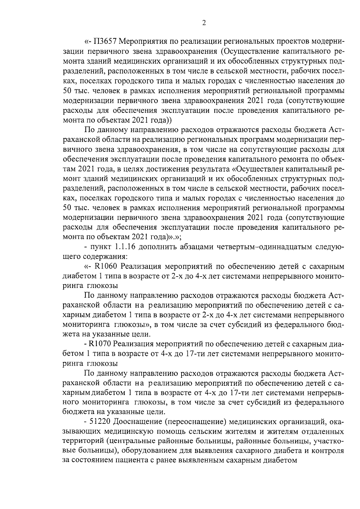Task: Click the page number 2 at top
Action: (x=204, y=23)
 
